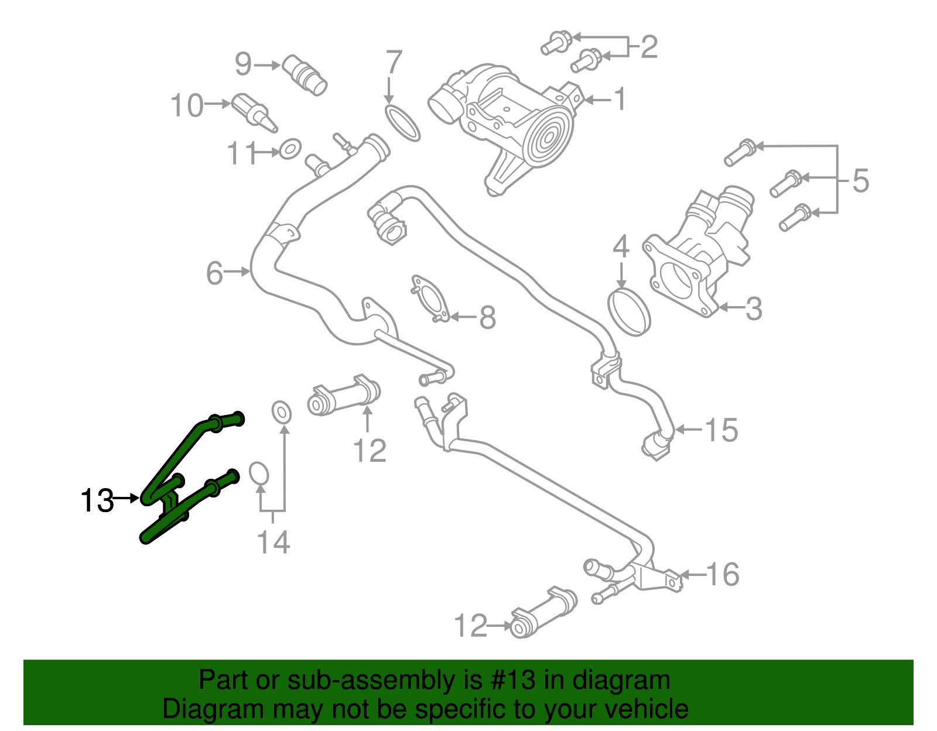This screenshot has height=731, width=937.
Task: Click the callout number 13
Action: point(97,501)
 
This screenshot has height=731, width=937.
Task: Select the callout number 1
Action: point(620,99)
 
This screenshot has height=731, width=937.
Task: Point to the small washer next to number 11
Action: point(290,149)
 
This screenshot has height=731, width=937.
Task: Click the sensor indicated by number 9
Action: point(305,74)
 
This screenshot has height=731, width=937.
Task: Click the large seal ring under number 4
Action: point(629,311)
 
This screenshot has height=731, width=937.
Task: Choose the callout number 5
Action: point(860,180)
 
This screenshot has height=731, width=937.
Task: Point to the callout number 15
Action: point(721,430)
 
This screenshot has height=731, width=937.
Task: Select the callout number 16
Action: point(723,574)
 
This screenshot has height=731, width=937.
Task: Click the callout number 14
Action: point(273,543)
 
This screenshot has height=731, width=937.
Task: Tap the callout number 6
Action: point(214,273)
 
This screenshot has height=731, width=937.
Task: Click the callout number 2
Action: point(648,47)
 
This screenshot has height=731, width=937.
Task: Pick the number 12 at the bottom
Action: point(470,626)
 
